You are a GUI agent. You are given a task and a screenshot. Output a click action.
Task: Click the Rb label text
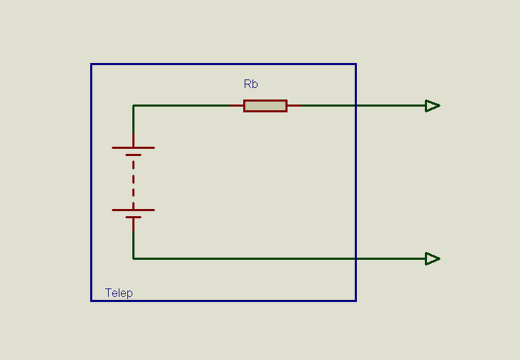[x=250, y=84]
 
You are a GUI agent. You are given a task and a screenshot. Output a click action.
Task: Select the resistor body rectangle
[x=265, y=106]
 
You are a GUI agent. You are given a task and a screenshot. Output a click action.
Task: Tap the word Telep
[x=119, y=293]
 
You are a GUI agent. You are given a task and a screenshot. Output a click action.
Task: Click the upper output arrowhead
[x=432, y=106]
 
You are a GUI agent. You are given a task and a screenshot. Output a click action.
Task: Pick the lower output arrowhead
[x=432, y=258]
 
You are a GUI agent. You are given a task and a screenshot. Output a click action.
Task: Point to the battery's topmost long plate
[x=133, y=147]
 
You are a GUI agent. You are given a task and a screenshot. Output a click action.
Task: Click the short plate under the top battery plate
[x=133, y=155]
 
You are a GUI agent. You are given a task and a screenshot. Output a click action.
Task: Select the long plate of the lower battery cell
[x=133, y=210]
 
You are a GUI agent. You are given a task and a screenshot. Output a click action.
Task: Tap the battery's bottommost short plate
[x=133, y=217]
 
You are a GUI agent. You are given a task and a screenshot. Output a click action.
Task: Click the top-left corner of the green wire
[x=133, y=106]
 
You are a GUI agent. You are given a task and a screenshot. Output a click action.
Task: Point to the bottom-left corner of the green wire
[x=133, y=258]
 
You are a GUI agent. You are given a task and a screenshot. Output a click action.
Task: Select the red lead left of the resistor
[x=237, y=106]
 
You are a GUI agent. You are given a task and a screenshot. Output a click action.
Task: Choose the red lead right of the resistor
[x=293, y=106]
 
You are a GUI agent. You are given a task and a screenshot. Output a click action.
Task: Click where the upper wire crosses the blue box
[x=355, y=106]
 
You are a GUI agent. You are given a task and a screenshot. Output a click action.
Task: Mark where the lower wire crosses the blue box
[x=355, y=258]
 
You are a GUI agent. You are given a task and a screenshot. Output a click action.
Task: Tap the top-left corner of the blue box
[x=91, y=64]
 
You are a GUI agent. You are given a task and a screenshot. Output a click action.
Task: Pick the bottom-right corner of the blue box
[x=355, y=301]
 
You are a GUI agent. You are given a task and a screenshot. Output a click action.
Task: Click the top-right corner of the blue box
[x=355, y=64]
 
